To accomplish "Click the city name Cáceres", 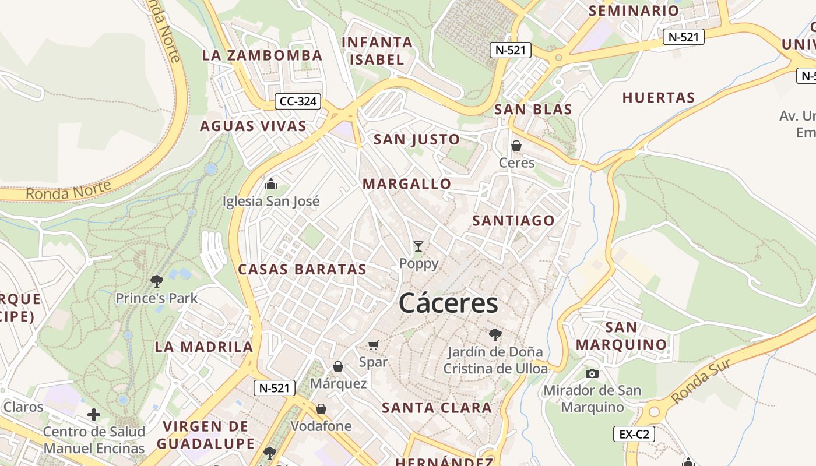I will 448,303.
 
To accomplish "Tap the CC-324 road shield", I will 298,101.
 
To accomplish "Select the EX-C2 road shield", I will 634,433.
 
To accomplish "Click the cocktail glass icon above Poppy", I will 418,246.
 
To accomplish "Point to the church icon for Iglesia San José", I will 271,185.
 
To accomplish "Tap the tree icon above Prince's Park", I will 156,281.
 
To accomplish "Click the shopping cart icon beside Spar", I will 374,345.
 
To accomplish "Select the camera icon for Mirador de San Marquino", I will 592,373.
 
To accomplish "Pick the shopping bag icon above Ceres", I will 516,146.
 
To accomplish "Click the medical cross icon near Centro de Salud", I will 94,415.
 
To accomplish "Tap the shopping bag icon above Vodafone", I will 321,409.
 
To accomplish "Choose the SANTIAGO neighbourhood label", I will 513,221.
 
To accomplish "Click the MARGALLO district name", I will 407,184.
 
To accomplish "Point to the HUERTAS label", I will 659,97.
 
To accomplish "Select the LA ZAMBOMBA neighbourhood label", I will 262,55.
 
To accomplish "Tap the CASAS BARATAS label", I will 302,269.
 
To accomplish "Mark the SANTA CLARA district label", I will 437,408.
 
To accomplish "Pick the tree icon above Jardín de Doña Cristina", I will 495,334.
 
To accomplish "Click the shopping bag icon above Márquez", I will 338,366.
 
